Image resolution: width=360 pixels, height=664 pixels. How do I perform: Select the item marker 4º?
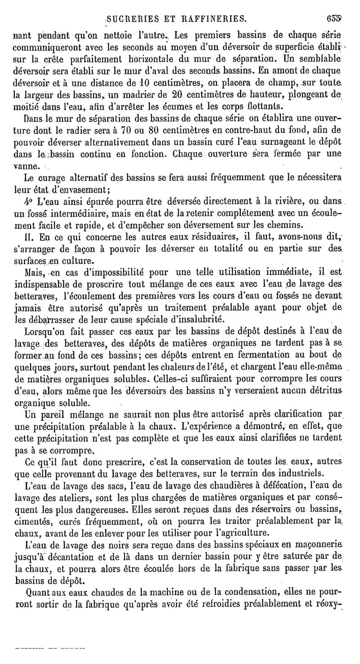(x=27, y=201)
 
